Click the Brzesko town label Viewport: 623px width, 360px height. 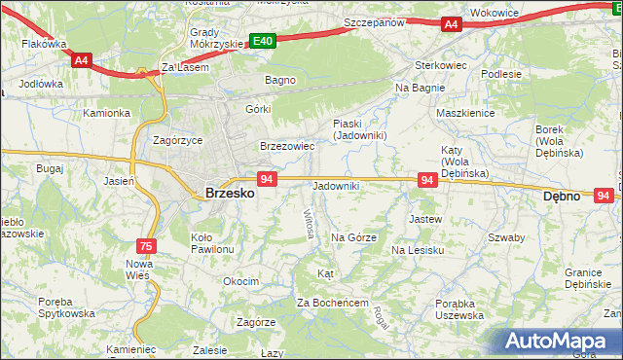[230, 194]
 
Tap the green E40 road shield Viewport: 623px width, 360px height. [262, 41]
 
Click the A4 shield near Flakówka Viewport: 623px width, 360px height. [82, 59]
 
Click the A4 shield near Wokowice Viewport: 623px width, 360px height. [451, 24]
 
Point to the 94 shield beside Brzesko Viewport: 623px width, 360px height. [268, 179]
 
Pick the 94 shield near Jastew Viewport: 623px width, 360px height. [426, 180]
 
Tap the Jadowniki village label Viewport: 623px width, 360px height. [336, 186]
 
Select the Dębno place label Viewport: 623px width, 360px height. [561, 196]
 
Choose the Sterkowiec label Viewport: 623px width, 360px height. [416, 65]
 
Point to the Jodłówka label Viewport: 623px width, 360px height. [41, 84]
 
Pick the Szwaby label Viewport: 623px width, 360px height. [506, 237]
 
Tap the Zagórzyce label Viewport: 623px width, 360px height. [178, 140]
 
